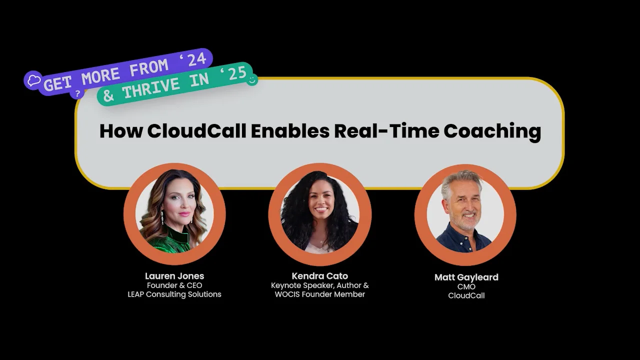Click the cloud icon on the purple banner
click(33, 80)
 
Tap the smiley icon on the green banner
click(252, 79)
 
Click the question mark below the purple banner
click(77, 93)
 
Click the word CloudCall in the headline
click(197, 131)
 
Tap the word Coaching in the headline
click(492, 131)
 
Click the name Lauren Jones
click(174, 276)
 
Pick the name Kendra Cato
click(320, 276)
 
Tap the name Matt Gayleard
click(466, 277)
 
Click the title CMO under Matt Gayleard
click(466, 286)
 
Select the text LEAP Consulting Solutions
click(174, 294)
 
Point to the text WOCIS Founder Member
click(320, 294)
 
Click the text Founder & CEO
click(174, 285)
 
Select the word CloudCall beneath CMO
click(466, 295)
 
